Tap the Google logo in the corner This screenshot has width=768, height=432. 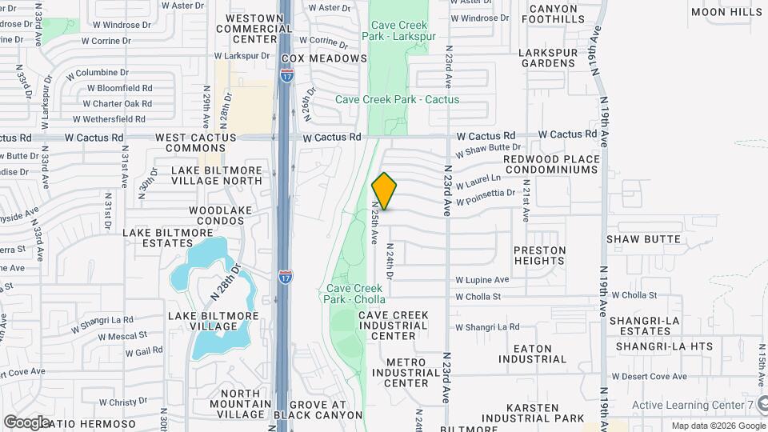tap(26, 422)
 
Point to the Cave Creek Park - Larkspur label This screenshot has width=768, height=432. tap(398, 31)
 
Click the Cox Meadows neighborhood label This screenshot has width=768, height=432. tap(324, 58)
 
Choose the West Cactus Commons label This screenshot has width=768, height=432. tap(196, 143)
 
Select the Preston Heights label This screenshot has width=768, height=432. tap(539, 255)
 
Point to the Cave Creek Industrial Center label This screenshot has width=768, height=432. tap(394, 326)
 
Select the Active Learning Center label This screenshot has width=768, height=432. tap(692, 405)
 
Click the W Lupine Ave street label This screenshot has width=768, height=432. tap(482, 280)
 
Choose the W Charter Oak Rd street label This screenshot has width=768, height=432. tap(117, 103)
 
